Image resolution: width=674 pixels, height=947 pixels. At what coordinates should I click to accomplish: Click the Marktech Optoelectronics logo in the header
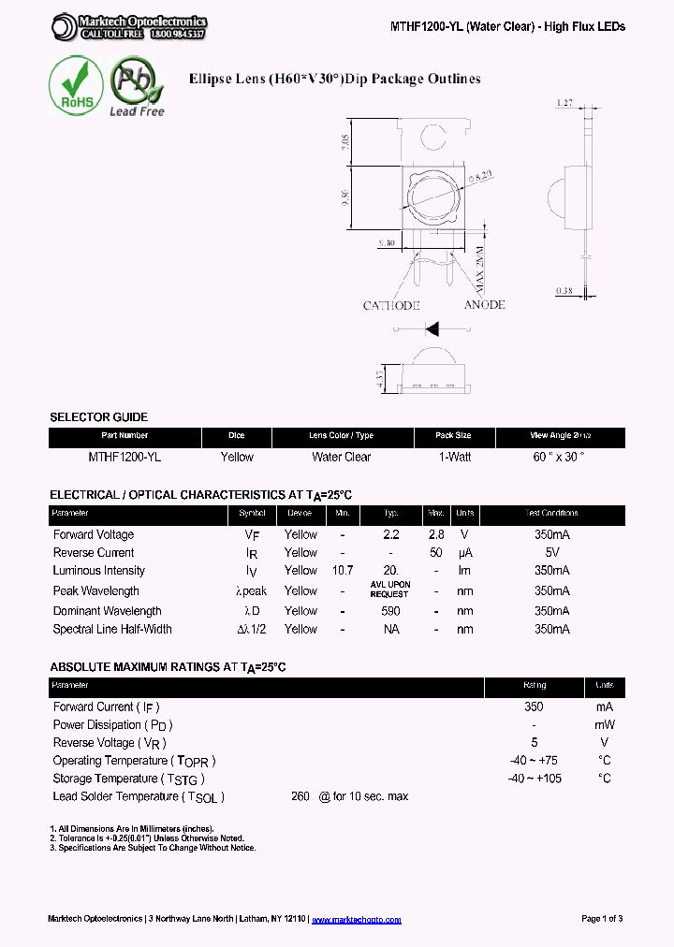point(128,27)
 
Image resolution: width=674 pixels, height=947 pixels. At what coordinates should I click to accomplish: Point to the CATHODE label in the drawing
point(391,306)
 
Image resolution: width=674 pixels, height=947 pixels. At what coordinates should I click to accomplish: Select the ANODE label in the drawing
point(484,305)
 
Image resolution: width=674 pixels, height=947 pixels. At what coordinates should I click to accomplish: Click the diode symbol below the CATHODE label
point(432,328)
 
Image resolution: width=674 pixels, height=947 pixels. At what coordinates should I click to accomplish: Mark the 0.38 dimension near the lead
point(564,290)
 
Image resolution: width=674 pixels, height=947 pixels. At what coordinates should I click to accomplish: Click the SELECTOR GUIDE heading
point(98,417)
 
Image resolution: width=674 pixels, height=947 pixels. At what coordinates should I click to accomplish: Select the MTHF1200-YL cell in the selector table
point(125,458)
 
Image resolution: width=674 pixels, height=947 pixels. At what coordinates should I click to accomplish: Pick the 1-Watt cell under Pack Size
point(454,458)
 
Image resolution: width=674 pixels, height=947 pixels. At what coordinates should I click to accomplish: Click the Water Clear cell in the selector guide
point(341,458)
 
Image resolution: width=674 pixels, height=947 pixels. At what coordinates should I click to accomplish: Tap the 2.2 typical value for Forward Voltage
point(391,535)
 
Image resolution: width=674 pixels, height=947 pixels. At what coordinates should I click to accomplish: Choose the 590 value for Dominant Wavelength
point(391,611)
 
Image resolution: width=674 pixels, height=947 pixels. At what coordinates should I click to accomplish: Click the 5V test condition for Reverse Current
point(551,553)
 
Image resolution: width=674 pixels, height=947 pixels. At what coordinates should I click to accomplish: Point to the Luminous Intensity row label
point(99,571)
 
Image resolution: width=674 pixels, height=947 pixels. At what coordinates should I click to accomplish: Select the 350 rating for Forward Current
point(534,707)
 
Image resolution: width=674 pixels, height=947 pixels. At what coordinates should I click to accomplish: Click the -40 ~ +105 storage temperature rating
point(534,779)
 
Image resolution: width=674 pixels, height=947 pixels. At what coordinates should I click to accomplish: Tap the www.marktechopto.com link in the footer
point(356,920)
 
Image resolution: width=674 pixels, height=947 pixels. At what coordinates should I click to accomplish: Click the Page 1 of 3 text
point(602,919)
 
